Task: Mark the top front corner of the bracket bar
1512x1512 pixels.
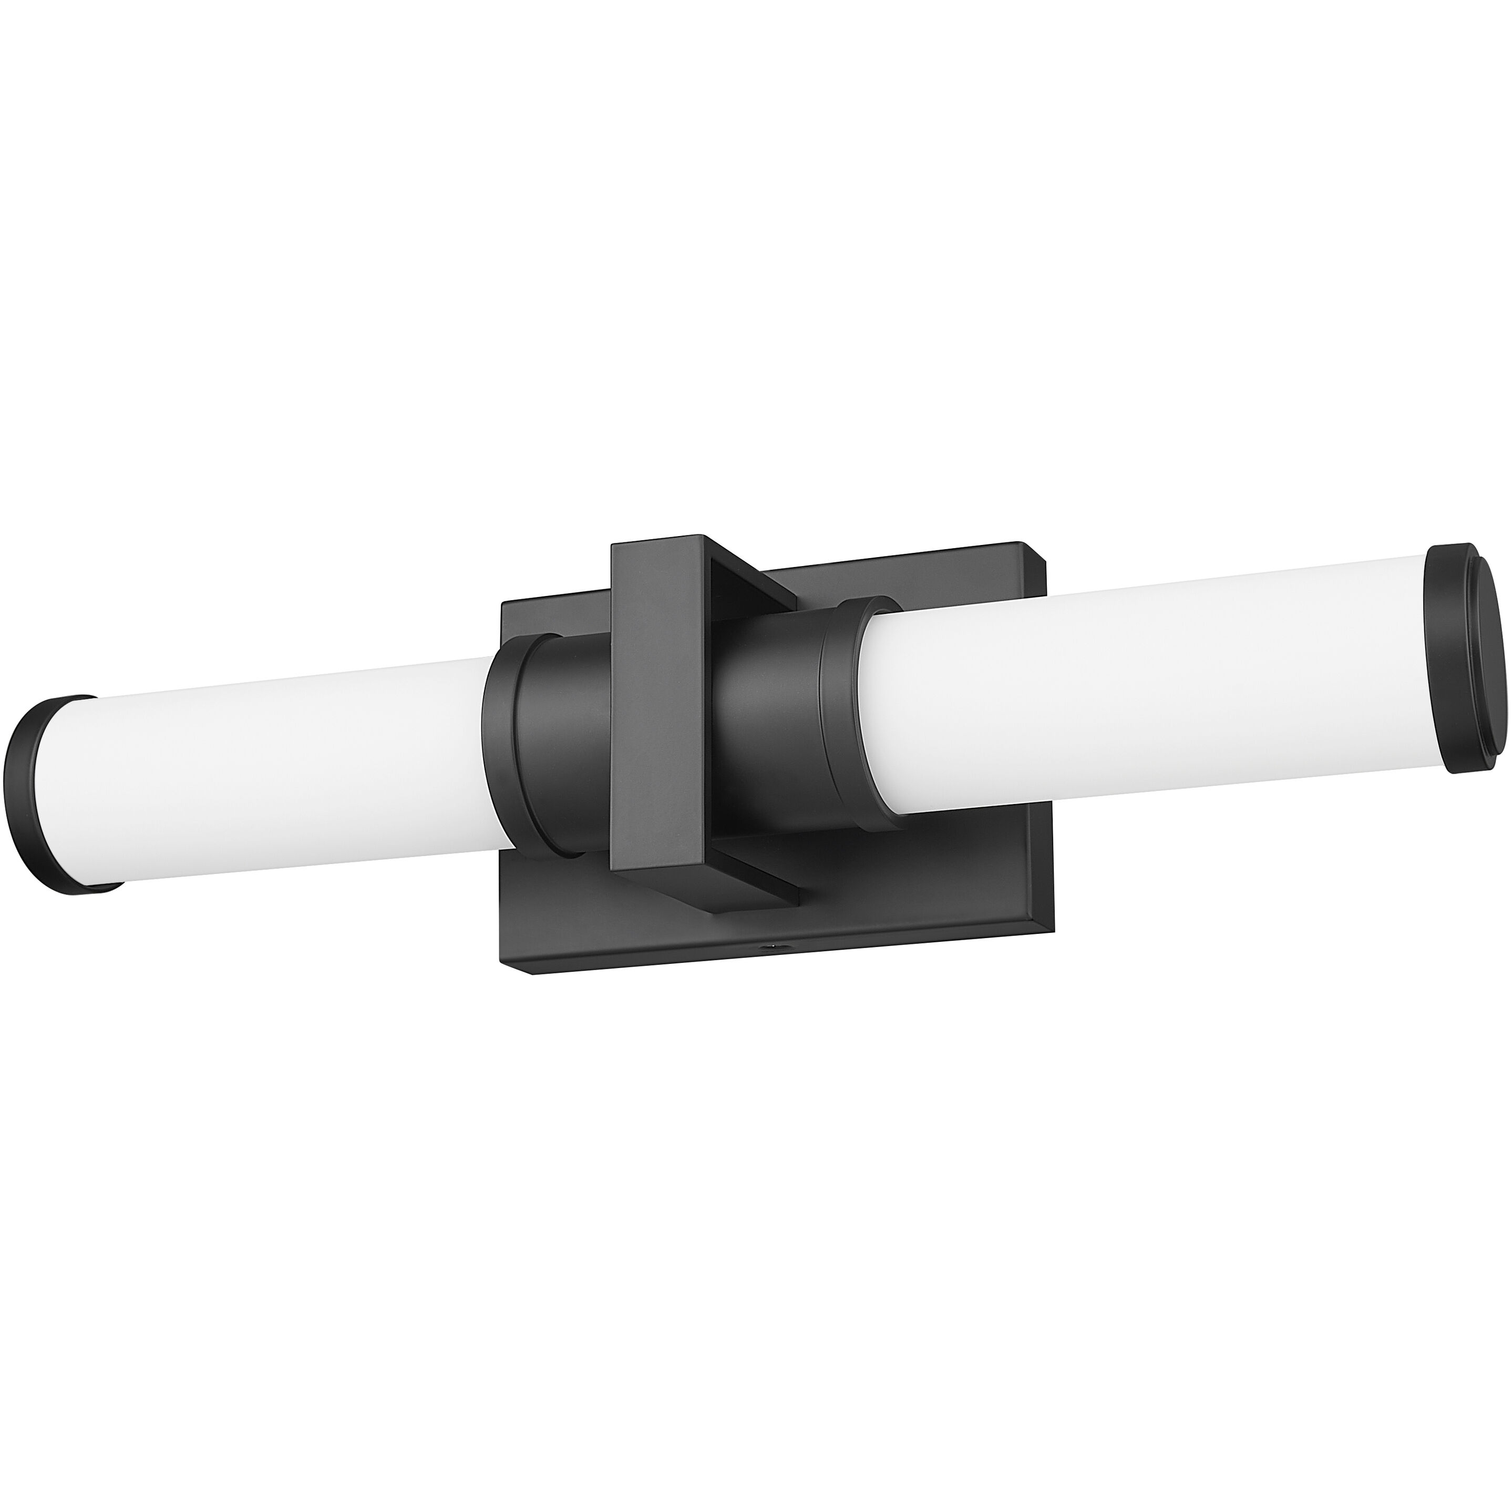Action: tap(612, 548)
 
